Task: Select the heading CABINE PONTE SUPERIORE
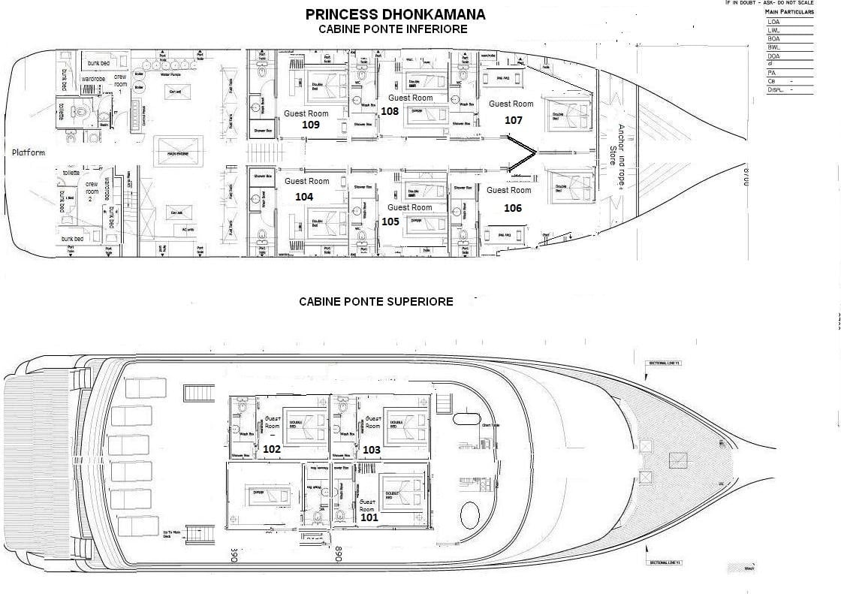pyautogui.click(x=375, y=301)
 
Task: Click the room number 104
pyautogui.click(x=303, y=196)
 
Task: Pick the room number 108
pyautogui.click(x=390, y=110)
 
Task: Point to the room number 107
pyautogui.click(x=513, y=119)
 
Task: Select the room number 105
pyautogui.click(x=390, y=222)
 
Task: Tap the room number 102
pyautogui.click(x=272, y=448)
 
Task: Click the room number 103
pyautogui.click(x=372, y=449)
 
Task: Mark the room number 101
pyautogui.click(x=369, y=517)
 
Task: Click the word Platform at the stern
pyautogui.click(x=29, y=152)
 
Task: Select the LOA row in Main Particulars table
pyautogui.click(x=789, y=22)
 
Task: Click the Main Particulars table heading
pyautogui.click(x=789, y=12)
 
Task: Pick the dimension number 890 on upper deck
pyautogui.click(x=339, y=555)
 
